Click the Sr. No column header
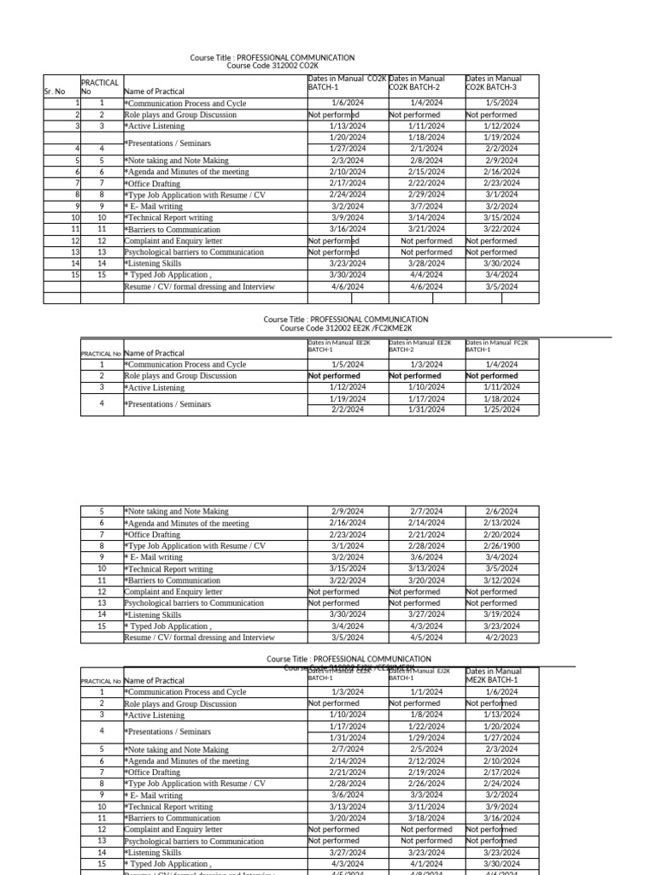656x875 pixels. tap(54, 91)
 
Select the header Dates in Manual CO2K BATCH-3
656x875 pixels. tap(494, 83)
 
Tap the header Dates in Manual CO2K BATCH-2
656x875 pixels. tap(416, 83)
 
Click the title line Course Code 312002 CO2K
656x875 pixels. tap(272, 66)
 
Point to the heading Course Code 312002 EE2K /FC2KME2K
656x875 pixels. tap(346, 328)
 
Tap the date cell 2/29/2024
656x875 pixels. tap(426, 195)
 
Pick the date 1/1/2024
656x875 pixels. tap(426, 692)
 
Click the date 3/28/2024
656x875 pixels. tap(426, 264)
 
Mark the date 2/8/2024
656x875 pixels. tap(426, 161)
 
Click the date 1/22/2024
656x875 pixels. tap(426, 726)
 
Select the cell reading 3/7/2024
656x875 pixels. tap(426, 206)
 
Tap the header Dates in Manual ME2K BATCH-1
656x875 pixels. tap(494, 676)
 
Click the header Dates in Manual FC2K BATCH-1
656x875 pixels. tap(497, 345)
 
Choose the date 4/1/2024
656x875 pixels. tap(426, 864)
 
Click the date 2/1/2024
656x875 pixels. tap(426, 149)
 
